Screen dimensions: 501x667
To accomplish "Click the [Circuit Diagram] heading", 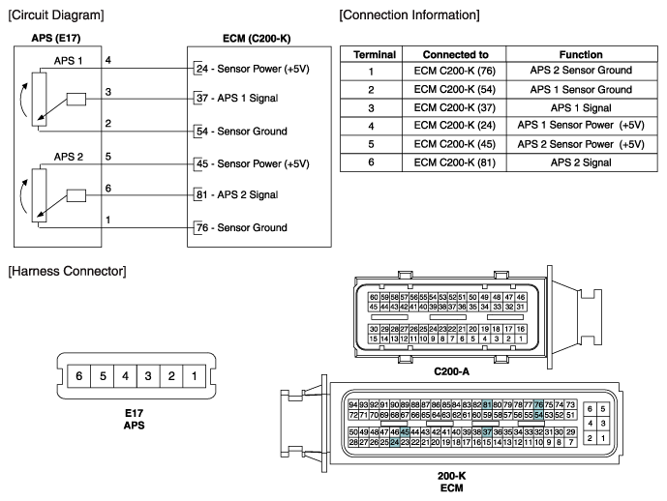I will (55, 15).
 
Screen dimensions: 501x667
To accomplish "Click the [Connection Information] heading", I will (409, 15).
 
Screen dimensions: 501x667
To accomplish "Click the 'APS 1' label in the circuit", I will (69, 61).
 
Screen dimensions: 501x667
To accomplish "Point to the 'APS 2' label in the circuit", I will (69, 156).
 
